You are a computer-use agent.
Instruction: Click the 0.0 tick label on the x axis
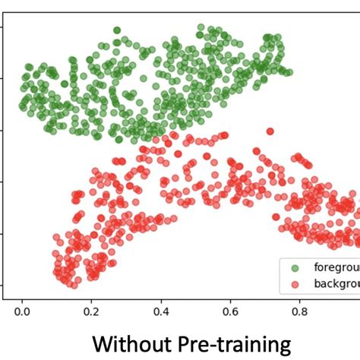click(22, 311)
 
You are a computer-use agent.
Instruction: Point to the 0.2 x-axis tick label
click(91, 311)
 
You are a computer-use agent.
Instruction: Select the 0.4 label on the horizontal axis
click(161, 311)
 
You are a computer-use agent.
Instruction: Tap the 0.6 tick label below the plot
click(230, 311)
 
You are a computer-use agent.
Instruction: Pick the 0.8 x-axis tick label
click(300, 311)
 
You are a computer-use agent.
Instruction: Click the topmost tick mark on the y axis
click(3, 27)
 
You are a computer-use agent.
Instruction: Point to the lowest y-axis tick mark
click(3, 286)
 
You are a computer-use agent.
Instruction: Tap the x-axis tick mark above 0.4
click(161, 299)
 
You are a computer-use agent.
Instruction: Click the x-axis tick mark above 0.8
click(300, 299)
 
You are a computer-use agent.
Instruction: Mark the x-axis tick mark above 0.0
click(22, 299)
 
